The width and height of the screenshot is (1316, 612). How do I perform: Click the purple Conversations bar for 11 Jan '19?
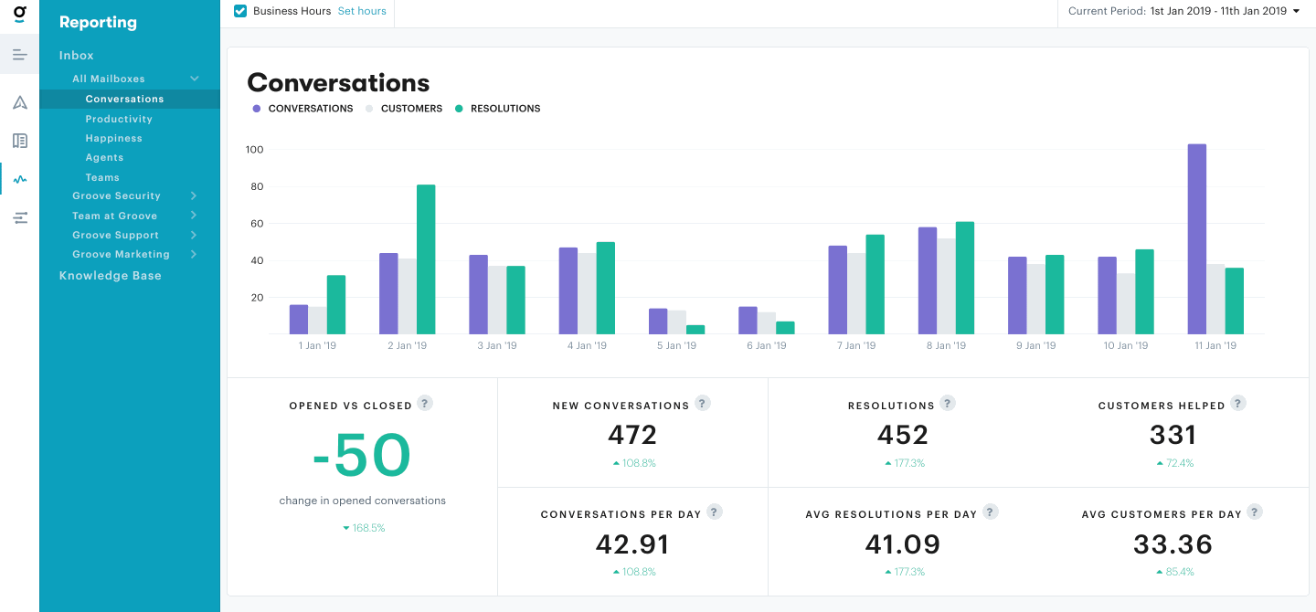tap(1196, 239)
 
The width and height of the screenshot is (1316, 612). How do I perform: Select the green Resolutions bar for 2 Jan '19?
tap(426, 259)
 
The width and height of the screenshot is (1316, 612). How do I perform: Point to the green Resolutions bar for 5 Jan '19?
tap(695, 329)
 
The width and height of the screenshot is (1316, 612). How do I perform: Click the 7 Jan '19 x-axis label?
tap(856, 346)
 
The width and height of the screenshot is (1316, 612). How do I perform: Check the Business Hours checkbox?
tap(240, 11)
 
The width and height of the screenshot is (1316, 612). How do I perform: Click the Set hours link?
tap(362, 11)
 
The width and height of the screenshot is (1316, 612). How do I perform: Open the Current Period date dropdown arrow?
tap(1297, 11)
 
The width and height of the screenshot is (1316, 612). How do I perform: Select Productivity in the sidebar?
tap(119, 119)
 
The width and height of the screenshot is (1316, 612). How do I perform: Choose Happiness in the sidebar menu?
tap(113, 139)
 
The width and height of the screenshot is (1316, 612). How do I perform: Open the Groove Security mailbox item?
tap(117, 196)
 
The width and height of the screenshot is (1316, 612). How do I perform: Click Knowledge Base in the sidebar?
tap(110, 276)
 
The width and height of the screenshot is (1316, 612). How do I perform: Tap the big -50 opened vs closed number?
tap(362, 456)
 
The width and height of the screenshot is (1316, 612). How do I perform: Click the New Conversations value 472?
tap(632, 435)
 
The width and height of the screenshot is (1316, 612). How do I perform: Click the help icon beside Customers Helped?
tap(1237, 403)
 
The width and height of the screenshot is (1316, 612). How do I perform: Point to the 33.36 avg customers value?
tap(1173, 544)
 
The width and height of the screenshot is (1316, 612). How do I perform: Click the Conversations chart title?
tap(338, 83)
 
